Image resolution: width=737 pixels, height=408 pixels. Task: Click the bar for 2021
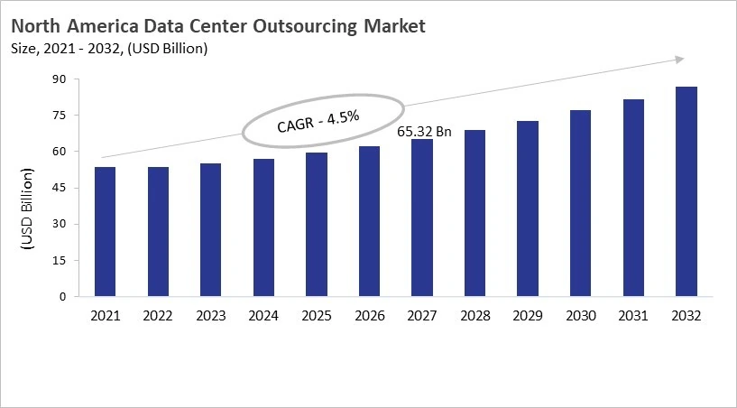pyautogui.click(x=105, y=232)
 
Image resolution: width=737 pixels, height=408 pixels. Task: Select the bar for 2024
pyautogui.click(x=263, y=227)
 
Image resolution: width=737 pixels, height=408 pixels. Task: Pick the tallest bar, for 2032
pyautogui.click(x=686, y=191)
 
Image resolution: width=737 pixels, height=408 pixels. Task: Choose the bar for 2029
pyautogui.click(x=528, y=209)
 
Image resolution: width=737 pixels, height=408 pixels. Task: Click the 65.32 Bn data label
pyautogui.click(x=425, y=131)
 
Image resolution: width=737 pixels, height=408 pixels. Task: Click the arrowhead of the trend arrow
pyautogui.click(x=679, y=60)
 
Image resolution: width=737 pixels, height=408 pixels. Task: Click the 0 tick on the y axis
pyautogui.click(x=63, y=296)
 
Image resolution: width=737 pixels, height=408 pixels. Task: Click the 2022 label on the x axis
pyautogui.click(x=158, y=316)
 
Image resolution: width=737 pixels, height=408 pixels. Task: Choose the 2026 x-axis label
pyautogui.click(x=369, y=316)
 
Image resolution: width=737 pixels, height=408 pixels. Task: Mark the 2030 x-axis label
pyautogui.click(x=581, y=316)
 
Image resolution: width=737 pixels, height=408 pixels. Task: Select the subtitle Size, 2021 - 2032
pyautogui.click(x=68, y=48)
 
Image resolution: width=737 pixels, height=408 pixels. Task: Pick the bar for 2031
pyautogui.click(x=633, y=198)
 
